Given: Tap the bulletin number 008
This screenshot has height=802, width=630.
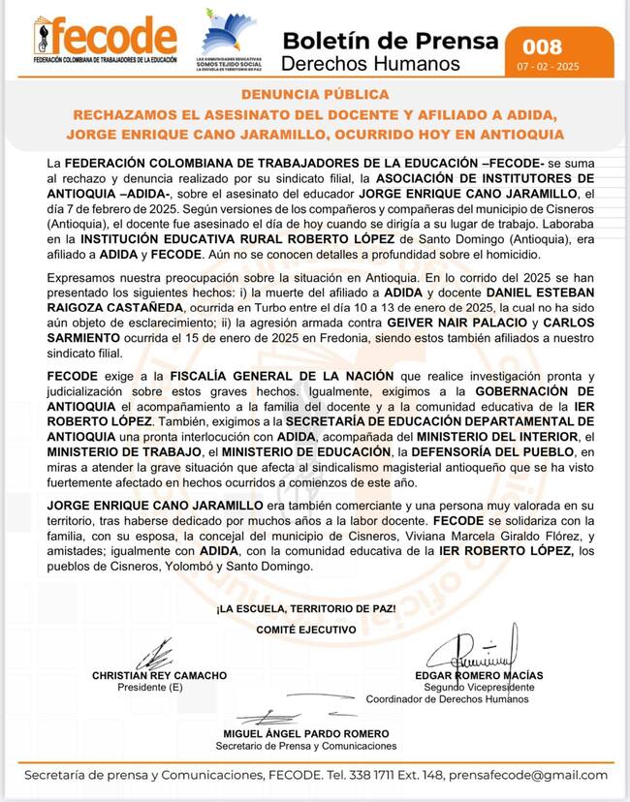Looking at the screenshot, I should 542,46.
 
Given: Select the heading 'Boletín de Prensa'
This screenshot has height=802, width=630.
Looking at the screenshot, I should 391,41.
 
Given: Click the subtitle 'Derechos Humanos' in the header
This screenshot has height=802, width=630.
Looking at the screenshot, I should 370,64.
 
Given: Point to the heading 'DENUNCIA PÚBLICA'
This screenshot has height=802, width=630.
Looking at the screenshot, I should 315,95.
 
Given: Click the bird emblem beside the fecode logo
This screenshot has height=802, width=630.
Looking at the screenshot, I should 229,35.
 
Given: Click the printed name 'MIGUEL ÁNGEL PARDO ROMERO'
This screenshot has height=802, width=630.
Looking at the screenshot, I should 306,734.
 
